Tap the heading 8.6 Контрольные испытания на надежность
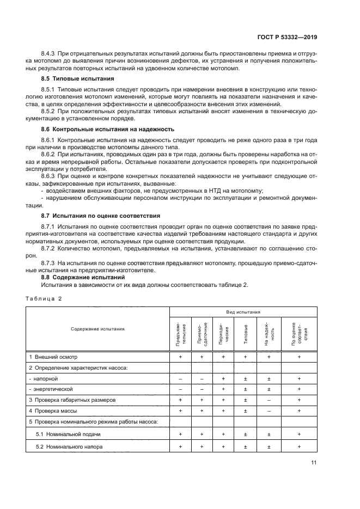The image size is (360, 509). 93,129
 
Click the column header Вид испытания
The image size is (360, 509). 243,312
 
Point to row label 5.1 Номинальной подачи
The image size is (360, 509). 68,434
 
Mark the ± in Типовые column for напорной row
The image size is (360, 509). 245,378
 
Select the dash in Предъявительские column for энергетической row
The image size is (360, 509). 180,389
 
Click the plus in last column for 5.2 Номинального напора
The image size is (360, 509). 299,447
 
